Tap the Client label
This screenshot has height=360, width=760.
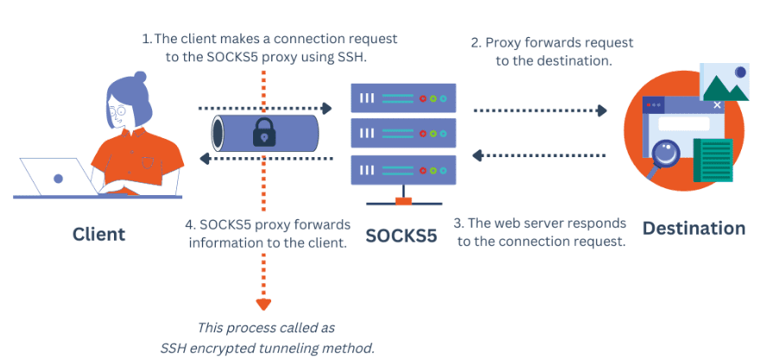[98, 234]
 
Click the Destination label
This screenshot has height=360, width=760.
[693, 228]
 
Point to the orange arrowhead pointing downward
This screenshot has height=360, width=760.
[263, 303]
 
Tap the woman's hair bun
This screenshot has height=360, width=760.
[139, 77]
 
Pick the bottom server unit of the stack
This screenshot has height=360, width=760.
[401, 171]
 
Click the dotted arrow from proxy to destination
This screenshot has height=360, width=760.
[541, 110]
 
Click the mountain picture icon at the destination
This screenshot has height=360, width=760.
[724, 82]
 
